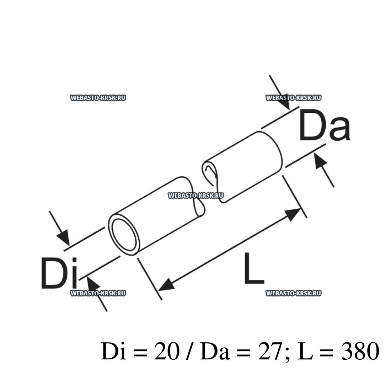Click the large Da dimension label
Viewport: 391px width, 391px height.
[325, 125]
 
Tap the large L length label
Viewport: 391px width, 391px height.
[254, 268]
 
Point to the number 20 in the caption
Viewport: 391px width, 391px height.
[167, 351]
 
